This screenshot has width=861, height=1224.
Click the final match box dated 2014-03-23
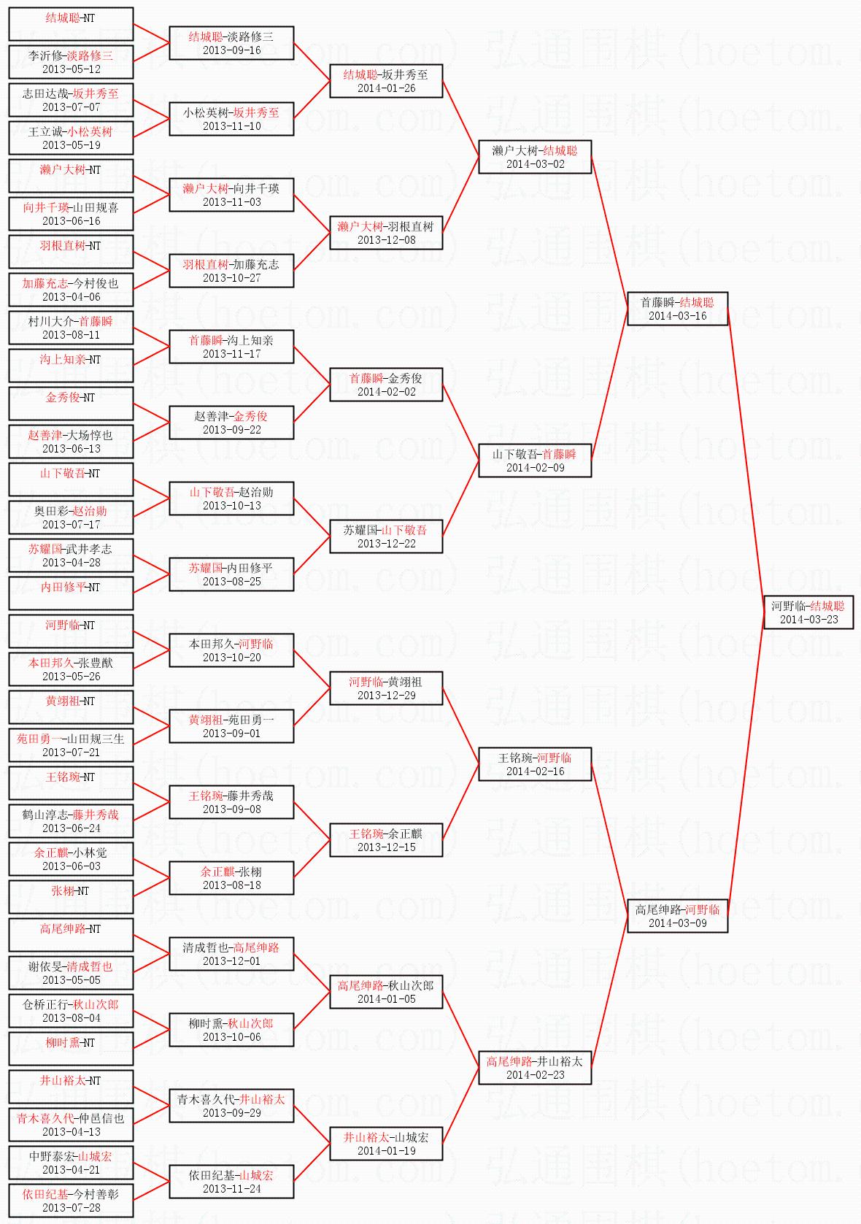808,612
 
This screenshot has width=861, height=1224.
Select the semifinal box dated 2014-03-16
677,309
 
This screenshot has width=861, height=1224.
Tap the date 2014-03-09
677,923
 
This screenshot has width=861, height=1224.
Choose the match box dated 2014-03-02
535,157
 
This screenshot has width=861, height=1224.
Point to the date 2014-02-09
535,468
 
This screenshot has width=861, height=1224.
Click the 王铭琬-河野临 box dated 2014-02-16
535,764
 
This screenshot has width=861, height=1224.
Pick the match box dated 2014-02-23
535,1068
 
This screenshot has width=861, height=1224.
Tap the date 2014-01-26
386,88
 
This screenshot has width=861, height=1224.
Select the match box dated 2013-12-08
386,233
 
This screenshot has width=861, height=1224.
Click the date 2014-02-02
386,392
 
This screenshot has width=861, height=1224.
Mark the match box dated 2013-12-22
386,536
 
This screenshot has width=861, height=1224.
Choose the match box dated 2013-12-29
386,688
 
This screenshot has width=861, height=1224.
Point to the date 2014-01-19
386,1151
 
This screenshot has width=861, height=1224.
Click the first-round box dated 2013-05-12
71,62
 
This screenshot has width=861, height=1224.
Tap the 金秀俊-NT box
71,404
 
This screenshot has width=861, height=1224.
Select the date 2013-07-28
71,1208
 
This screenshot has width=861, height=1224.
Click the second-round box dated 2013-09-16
231,43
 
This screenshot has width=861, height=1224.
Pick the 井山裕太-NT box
71,1087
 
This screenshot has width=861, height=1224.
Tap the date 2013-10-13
231,506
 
